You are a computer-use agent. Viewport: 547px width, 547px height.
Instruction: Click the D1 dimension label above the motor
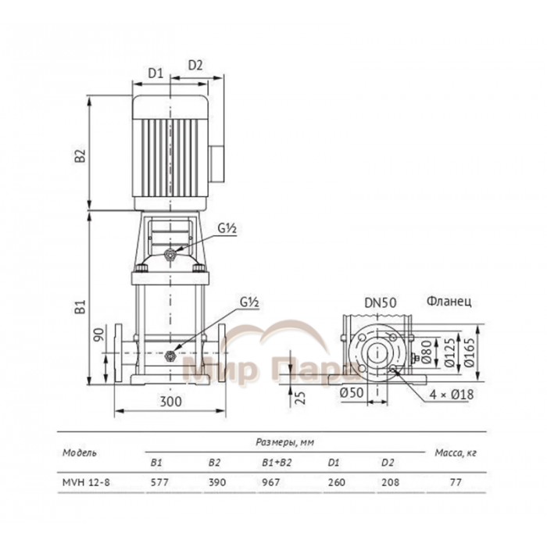click(156, 73)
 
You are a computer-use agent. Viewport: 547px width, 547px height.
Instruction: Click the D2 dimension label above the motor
click(195, 65)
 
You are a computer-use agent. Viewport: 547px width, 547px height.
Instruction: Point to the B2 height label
click(80, 156)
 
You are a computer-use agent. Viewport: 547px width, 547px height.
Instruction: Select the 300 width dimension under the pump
click(171, 402)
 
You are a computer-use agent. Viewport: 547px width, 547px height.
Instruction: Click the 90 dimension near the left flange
click(99, 335)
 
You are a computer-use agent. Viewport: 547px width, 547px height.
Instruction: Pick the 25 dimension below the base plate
click(300, 397)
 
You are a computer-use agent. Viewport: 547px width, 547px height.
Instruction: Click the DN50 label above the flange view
click(381, 302)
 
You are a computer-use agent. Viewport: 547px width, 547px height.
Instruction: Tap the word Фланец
click(449, 301)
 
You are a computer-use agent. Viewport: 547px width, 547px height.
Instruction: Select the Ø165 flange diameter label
click(469, 352)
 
